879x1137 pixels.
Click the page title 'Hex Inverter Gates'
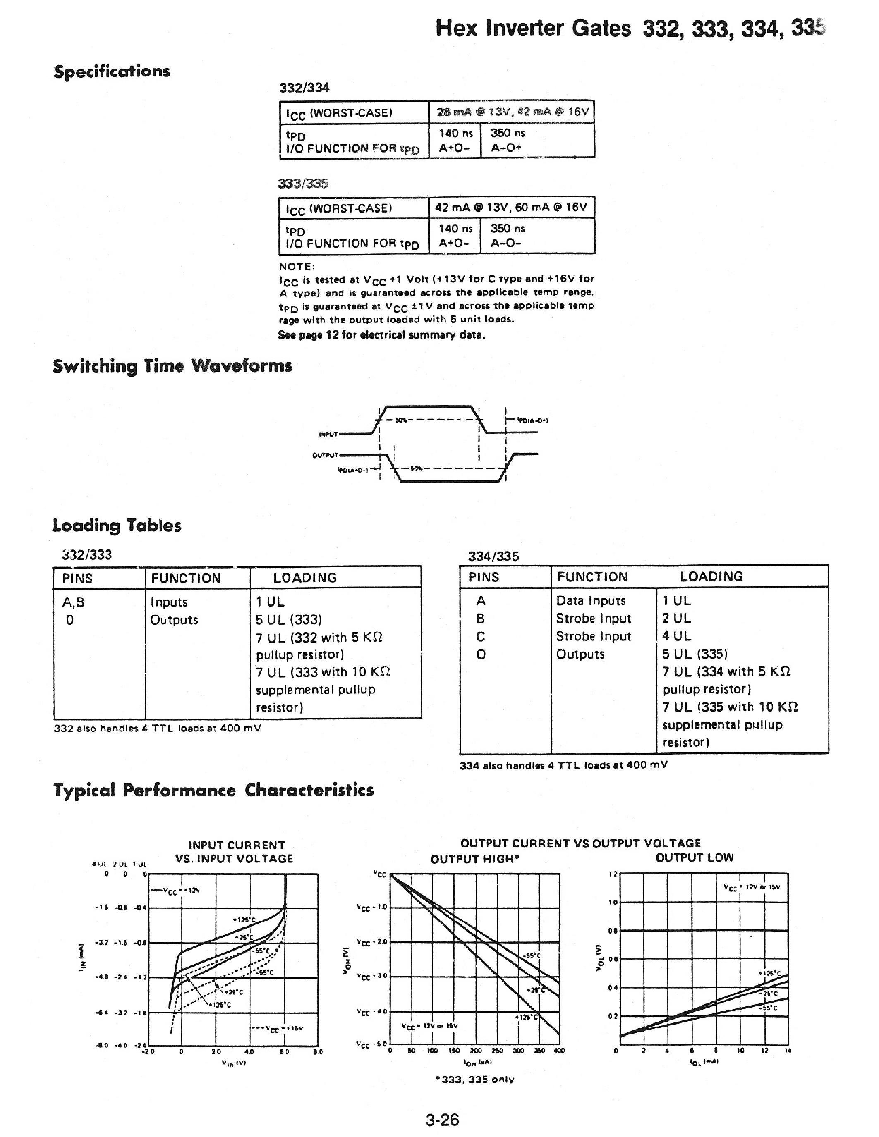coord(533,29)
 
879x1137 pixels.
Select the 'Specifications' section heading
coord(112,72)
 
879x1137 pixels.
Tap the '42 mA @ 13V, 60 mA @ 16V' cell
coord(511,207)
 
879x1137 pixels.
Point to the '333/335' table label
coord(303,183)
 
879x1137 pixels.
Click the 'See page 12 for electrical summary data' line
coord(381,335)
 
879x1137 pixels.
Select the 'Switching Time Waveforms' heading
coord(172,366)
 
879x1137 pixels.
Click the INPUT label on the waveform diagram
coord(328,434)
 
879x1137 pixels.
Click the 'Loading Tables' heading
coord(117,525)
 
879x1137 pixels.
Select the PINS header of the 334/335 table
coord(483,577)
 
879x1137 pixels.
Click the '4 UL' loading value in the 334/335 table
coord(676,636)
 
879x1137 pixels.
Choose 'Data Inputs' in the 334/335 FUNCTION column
coord(591,601)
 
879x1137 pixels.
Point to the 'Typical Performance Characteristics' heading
coord(213,790)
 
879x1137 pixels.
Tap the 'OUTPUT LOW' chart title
coord(694,858)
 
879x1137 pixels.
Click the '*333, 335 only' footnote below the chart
coord(475,1080)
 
